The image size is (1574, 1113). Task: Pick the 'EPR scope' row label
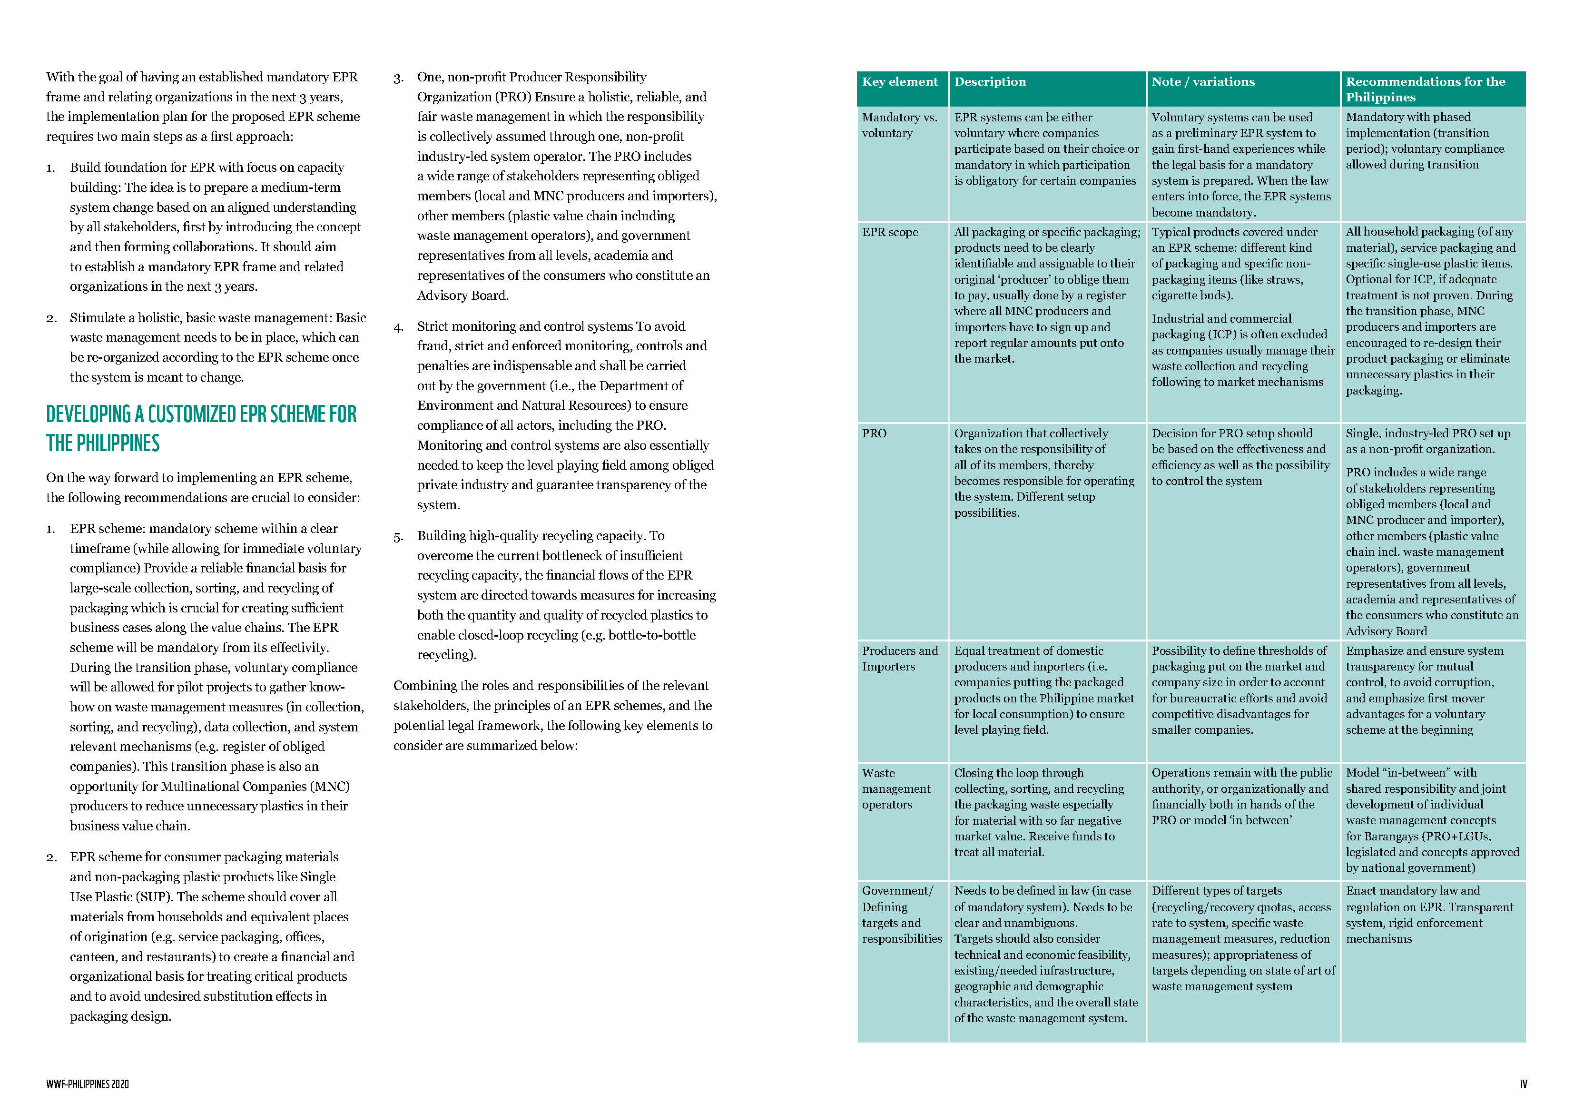(x=889, y=233)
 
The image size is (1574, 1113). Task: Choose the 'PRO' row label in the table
(x=874, y=433)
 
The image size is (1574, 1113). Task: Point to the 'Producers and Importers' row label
(x=899, y=659)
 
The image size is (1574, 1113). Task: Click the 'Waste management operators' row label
(x=895, y=788)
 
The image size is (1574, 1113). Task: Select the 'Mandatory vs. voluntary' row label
(x=899, y=125)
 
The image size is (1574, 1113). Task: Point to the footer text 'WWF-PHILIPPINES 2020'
(x=87, y=1084)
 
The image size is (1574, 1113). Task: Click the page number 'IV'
(x=1523, y=1084)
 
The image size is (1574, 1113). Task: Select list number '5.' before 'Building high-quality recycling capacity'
(x=398, y=537)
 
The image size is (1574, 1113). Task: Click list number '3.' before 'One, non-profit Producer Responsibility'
(x=398, y=78)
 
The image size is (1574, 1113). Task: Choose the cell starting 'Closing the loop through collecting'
(x=1039, y=812)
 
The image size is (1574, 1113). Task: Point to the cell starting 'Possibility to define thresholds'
(x=1239, y=690)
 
